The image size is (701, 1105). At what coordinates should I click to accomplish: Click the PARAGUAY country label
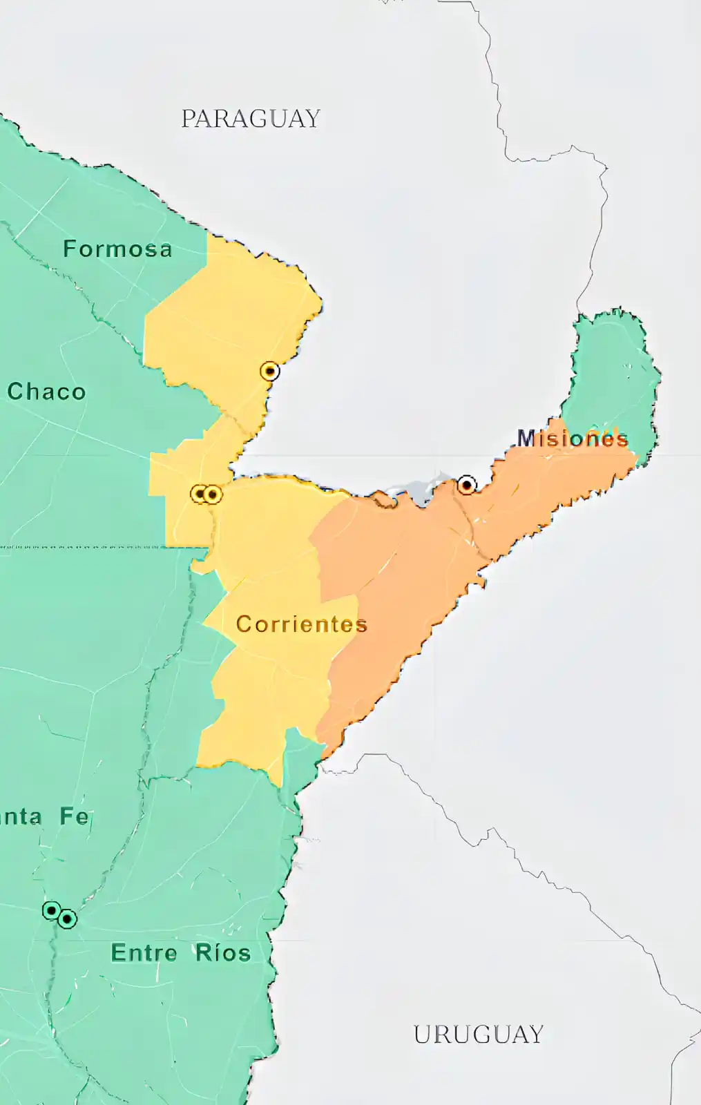click(251, 119)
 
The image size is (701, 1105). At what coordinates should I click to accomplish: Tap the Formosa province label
click(117, 249)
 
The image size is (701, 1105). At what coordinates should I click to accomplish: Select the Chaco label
click(47, 392)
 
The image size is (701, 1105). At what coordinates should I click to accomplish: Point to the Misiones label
click(573, 438)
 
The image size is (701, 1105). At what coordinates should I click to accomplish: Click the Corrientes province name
click(301, 624)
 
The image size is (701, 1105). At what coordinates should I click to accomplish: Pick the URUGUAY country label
click(479, 1034)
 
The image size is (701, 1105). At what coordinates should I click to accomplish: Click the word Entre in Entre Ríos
click(144, 953)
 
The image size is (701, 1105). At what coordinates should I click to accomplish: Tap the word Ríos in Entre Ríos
click(222, 953)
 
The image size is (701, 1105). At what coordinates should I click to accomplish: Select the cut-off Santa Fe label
click(45, 816)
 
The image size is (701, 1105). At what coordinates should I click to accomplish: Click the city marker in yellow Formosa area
click(270, 371)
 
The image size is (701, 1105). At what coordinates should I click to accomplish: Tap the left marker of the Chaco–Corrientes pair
click(200, 494)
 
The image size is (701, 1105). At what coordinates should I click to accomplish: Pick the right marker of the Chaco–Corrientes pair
click(213, 494)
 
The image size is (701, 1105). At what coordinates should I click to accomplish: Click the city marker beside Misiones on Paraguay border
click(467, 485)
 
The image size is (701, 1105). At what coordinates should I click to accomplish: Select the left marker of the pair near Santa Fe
click(51, 910)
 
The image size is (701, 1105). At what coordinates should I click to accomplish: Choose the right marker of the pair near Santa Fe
click(67, 919)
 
